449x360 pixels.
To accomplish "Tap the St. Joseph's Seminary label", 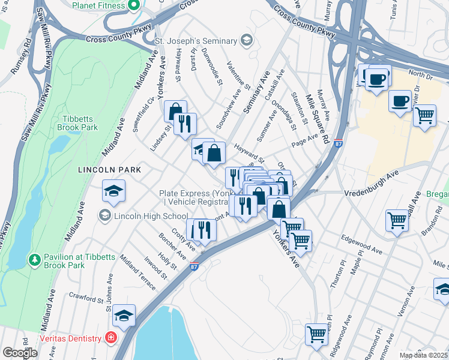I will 196,41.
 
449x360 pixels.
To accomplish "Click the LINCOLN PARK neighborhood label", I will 109,170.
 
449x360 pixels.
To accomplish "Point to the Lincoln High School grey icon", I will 105,215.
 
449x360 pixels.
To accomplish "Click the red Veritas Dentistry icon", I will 110,338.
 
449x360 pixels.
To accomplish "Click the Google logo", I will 20,353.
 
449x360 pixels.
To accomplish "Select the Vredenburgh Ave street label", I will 372,193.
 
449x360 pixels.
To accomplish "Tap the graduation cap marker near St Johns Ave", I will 124,315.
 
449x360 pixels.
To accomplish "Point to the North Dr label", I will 420,75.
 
